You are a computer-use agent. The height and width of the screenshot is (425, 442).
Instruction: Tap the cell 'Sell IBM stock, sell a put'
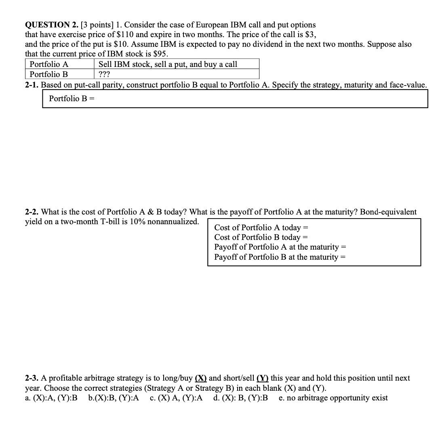168,64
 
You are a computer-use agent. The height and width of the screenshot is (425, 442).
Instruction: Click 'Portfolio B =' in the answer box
72,99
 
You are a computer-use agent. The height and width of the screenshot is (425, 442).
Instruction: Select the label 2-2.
32,212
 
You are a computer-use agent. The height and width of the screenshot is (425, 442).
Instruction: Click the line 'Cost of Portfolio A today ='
261,228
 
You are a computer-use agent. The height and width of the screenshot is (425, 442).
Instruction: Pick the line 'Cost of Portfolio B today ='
261,237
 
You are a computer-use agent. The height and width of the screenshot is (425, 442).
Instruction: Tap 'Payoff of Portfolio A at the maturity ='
280,247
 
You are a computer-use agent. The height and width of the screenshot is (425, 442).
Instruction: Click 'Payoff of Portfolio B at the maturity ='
280,257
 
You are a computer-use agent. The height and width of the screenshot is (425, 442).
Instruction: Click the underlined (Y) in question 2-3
263,378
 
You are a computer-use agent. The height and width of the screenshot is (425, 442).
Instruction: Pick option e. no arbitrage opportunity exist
333,398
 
